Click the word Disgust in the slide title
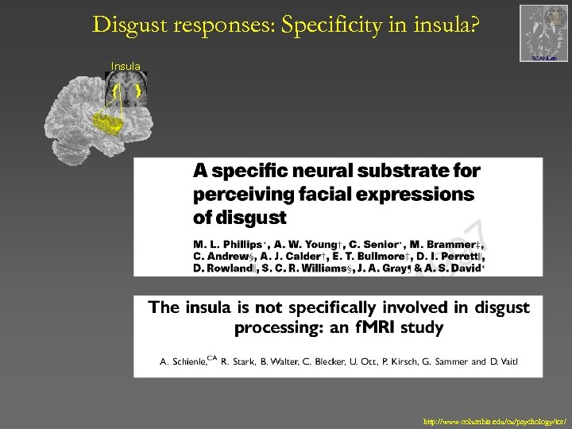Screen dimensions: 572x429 click(x=126, y=25)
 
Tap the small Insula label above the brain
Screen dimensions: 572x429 click(x=126, y=66)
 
